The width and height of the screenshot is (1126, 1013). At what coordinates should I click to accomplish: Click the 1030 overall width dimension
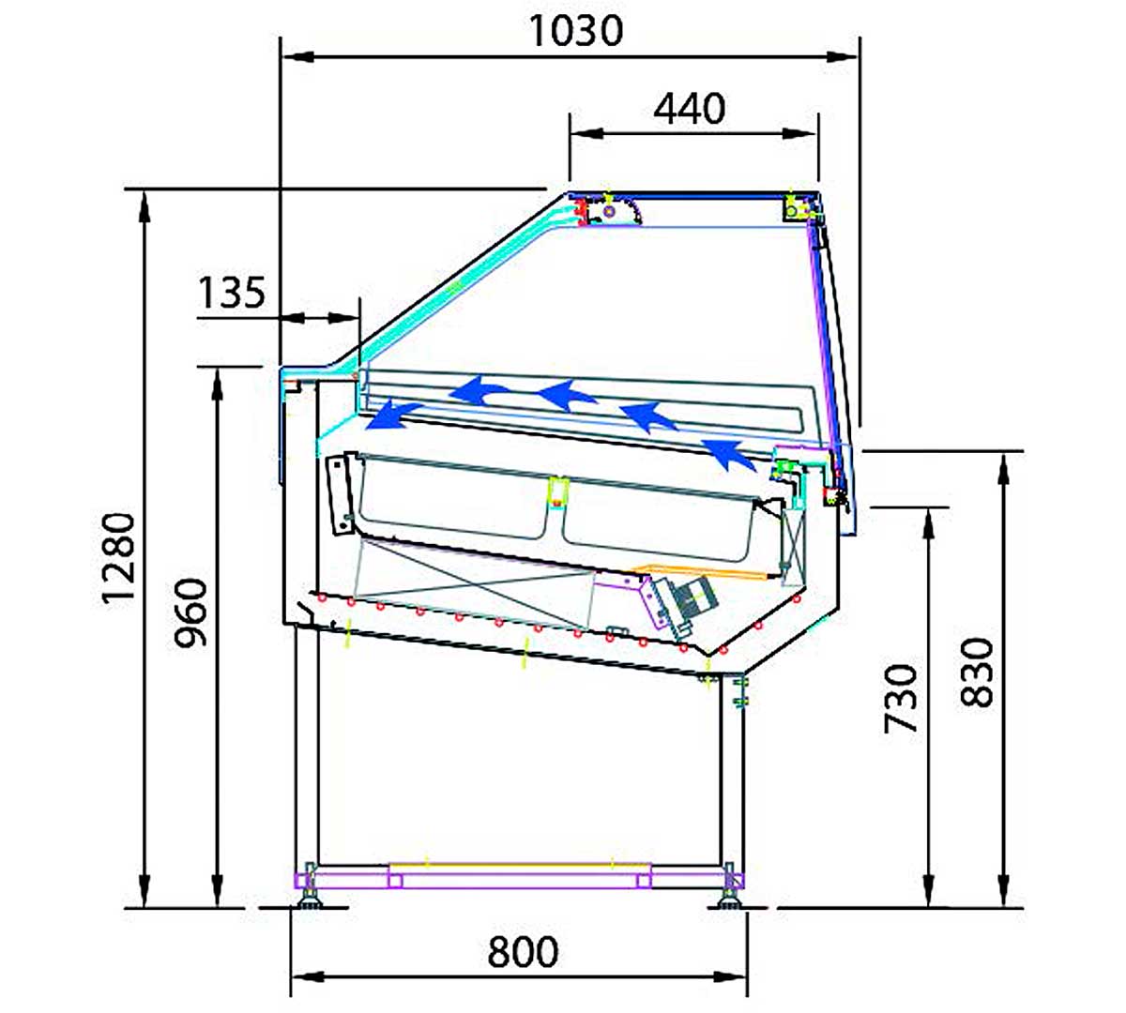coord(576,31)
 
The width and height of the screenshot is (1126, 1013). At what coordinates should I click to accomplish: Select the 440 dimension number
coord(690,109)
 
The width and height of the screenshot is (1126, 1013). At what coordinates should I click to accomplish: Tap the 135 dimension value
coord(231,293)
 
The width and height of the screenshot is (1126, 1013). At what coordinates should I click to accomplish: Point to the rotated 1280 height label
coord(119,558)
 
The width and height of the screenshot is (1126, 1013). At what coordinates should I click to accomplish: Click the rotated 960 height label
coord(190,612)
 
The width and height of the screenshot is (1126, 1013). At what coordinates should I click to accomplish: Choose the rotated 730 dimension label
coord(900,699)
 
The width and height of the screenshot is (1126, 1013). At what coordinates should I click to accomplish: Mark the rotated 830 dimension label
coord(977,672)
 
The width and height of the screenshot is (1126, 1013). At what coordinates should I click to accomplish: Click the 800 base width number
coord(523,952)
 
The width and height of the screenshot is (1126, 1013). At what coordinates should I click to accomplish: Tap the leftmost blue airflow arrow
coord(393,416)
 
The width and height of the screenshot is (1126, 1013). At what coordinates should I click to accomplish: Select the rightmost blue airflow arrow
coord(728,453)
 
